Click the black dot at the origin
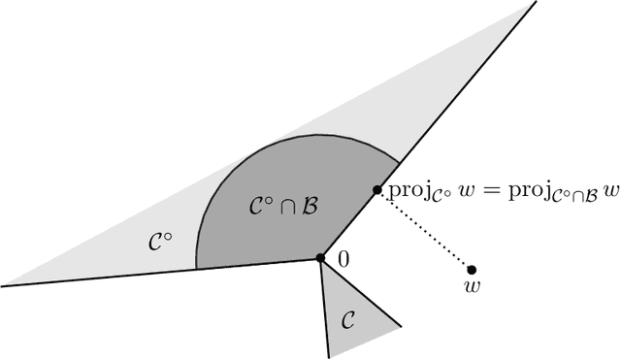(x=320, y=258)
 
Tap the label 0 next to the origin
(x=342, y=258)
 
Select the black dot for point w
(x=472, y=269)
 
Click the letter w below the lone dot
(x=472, y=287)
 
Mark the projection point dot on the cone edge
(x=377, y=190)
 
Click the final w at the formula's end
(x=611, y=191)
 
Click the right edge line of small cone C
(x=361, y=292)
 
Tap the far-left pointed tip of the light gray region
(x=6, y=285)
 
